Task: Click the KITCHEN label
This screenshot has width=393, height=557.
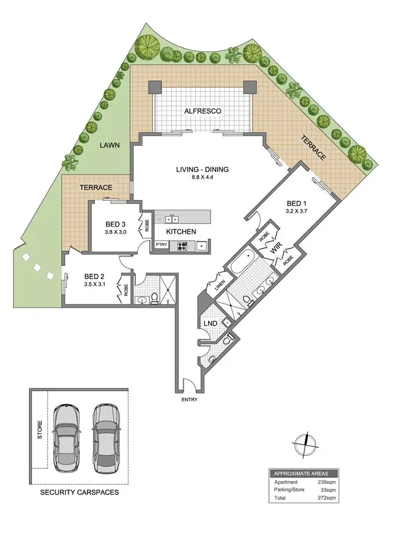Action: click(x=181, y=231)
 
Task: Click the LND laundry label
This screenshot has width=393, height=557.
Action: click(x=211, y=324)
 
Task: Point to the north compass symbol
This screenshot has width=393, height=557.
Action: click(x=304, y=443)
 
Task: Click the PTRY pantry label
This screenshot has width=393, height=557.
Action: click(x=160, y=244)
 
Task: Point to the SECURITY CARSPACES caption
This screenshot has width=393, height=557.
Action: click(x=79, y=493)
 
